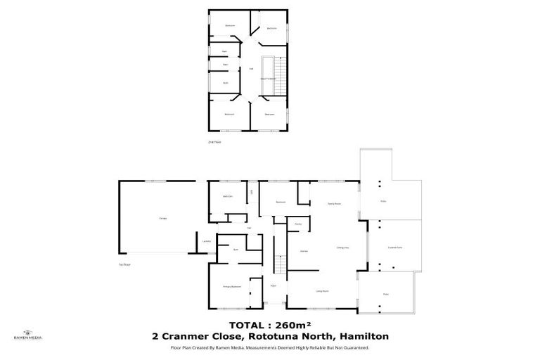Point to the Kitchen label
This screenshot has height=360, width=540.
304,250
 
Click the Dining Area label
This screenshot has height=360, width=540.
343,247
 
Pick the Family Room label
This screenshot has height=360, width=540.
334,203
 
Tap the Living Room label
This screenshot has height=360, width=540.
323,290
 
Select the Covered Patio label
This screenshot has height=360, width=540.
395,247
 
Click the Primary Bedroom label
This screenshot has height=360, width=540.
233,287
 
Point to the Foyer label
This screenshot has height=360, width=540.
273,286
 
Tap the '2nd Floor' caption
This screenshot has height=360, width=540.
214,141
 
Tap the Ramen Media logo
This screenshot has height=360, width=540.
27,333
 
